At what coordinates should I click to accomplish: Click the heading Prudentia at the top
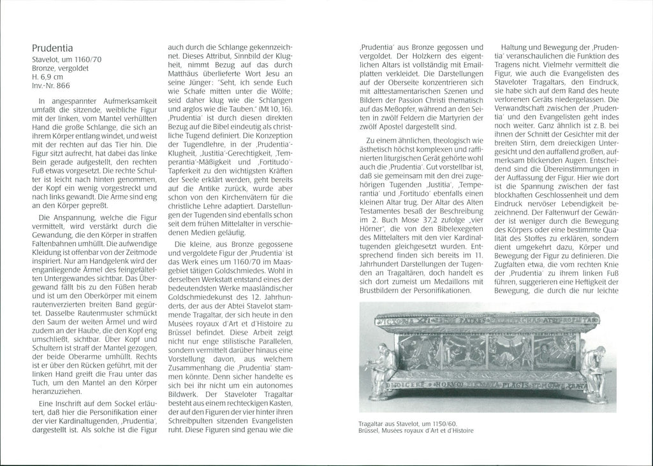pos(52,48)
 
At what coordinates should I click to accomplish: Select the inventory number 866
pos(63,85)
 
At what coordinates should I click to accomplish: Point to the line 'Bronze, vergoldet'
pos(60,67)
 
